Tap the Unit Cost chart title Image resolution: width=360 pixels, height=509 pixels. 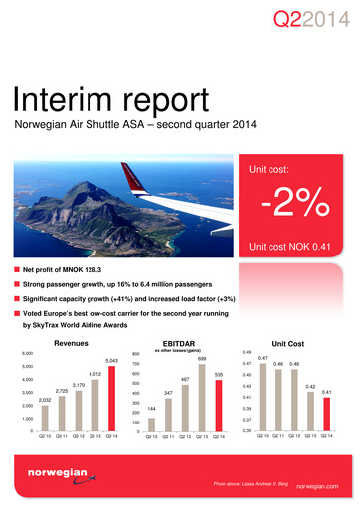299,342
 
